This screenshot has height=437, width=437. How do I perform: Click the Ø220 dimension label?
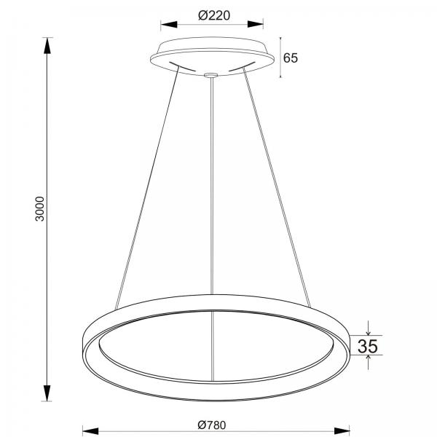pyautogui.click(x=214, y=15)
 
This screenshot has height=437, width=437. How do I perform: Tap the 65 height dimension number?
pyautogui.click(x=291, y=58)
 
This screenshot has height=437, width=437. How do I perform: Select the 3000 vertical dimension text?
pyautogui.click(x=39, y=209)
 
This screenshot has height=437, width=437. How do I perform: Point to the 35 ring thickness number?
pyautogui.click(x=368, y=346)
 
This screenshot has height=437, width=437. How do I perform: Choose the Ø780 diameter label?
pyautogui.click(x=212, y=425)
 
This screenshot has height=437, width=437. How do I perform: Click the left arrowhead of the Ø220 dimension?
pyautogui.click(x=169, y=25)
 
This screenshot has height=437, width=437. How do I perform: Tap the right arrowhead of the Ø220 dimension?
pyautogui.click(x=256, y=25)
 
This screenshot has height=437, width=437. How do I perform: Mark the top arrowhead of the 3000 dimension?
pyautogui.click(x=47, y=45)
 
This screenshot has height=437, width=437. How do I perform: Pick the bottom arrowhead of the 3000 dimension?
pyautogui.click(x=47, y=393)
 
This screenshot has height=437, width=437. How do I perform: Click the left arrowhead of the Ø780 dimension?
pyautogui.click(x=90, y=431)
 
